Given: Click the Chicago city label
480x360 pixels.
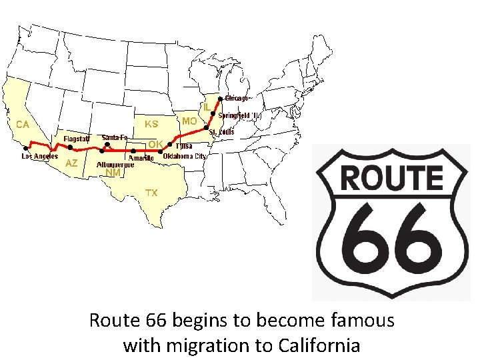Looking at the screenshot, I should (x=237, y=99).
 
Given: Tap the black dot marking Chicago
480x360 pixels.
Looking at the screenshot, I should (x=221, y=99).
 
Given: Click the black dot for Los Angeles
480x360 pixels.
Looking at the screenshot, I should (x=26, y=148).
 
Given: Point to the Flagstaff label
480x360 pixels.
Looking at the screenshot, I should (x=77, y=139).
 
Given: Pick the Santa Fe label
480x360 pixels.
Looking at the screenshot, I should (x=115, y=137).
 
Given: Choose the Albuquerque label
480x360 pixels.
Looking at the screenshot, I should (x=115, y=163).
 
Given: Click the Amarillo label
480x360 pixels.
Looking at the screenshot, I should (x=141, y=159).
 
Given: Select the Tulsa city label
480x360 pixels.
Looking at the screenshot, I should (x=184, y=145).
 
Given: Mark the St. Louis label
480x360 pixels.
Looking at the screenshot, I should (x=221, y=132).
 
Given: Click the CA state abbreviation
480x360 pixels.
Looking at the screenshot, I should (x=23, y=124).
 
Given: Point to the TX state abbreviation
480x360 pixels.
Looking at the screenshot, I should (x=151, y=193).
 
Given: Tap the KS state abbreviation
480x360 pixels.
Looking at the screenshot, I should (x=151, y=124).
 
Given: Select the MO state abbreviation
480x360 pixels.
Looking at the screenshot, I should (x=189, y=121).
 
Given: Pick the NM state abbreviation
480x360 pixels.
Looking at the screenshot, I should (x=113, y=172).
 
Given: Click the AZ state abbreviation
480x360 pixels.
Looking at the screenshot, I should (x=72, y=163).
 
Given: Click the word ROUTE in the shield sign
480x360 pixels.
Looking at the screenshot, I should (x=392, y=178).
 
